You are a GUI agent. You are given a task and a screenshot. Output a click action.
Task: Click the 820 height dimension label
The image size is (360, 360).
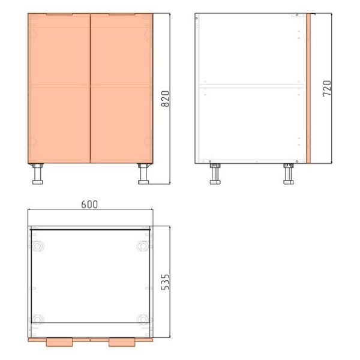tap(166, 99)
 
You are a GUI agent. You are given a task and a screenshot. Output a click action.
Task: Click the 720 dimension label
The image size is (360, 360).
tap(327, 88)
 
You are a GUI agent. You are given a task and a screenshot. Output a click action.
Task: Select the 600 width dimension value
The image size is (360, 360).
tap(89, 205)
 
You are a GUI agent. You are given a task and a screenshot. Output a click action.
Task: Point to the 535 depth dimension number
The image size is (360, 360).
tap(166, 282)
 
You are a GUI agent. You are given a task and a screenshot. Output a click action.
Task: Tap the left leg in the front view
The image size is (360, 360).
tap(38, 174)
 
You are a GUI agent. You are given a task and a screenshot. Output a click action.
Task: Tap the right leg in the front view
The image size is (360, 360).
tap(143, 174)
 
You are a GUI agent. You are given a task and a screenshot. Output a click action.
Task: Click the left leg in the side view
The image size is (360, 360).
tap(215, 174)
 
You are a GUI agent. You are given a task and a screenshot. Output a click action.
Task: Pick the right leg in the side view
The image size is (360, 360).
tap(289, 174)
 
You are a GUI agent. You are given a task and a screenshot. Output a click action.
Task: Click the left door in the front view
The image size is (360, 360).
tap(59, 88)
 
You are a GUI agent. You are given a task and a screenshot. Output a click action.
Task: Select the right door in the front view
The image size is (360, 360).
tap(122, 88)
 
